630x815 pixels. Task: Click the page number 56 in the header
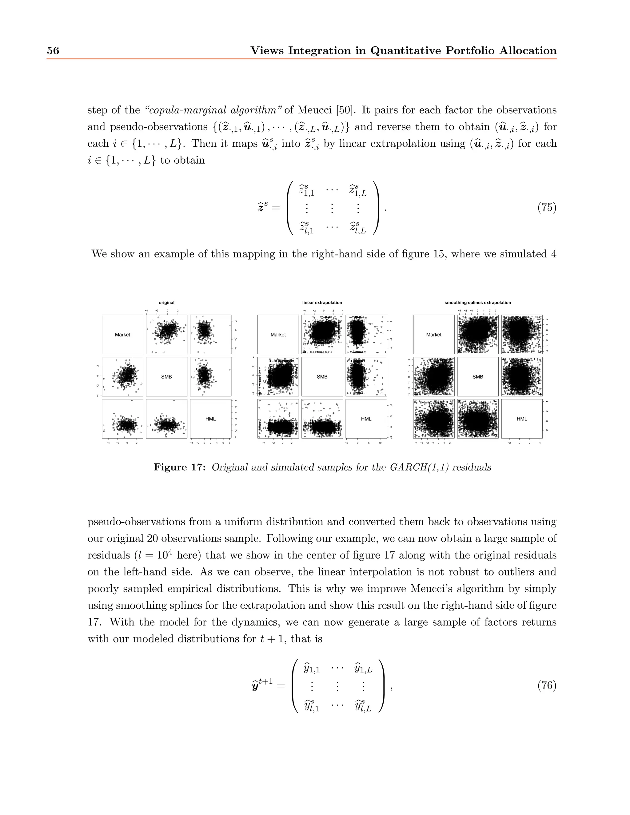pos(53,50)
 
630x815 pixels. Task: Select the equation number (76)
pos(547,685)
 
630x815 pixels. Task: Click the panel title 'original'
pos(166,303)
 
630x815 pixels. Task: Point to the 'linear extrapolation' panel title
pos(322,303)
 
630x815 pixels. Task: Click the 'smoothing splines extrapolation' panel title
pos(477,303)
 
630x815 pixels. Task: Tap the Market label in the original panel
pos(122,335)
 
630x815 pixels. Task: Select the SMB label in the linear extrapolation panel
pos(322,377)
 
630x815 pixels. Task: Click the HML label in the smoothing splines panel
pos(522,419)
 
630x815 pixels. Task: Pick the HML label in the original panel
pos(210,419)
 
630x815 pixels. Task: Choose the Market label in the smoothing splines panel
pos(434,335)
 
